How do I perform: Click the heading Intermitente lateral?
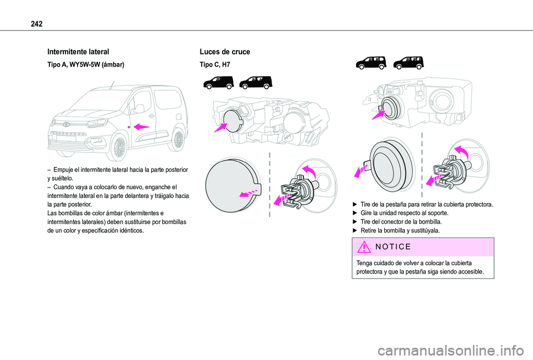tap(74, 52)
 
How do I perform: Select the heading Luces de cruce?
tap(225, 52)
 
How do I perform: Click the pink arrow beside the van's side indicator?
tap(142, 126)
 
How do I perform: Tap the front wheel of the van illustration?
tap(118, 147)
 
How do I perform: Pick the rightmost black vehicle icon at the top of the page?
tap(408, 62)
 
